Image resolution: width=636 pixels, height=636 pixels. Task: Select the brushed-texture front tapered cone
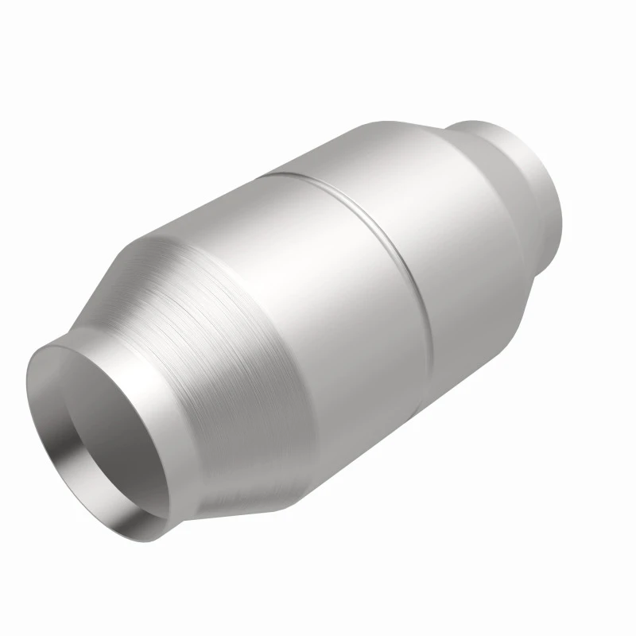[215, 318]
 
